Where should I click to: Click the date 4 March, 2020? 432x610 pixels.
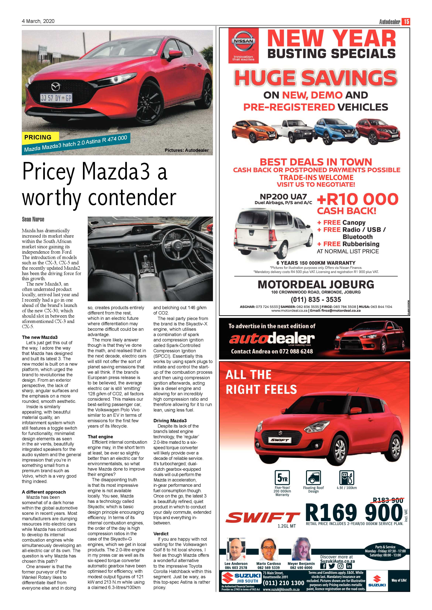[38, 21]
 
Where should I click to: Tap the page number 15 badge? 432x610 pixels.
[406, 22]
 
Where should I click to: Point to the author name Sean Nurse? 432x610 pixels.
[33, 219]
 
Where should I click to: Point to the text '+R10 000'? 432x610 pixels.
[358, 199]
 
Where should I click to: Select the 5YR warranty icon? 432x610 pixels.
[282, 478]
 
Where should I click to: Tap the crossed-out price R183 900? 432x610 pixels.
[388, 501]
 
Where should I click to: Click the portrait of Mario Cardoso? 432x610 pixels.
[268, 549]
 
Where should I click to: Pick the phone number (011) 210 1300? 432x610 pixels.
[283, 583]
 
